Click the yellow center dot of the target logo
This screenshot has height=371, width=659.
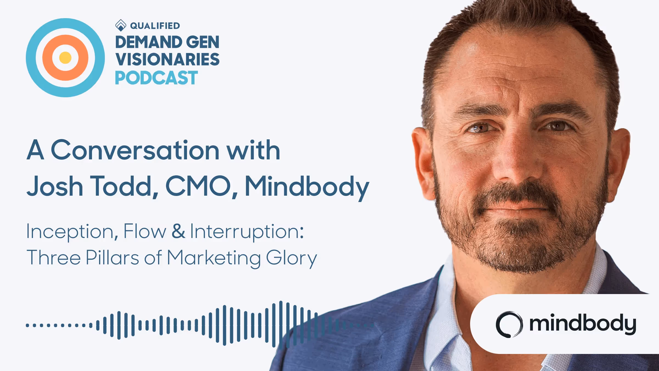[x=65, y=58]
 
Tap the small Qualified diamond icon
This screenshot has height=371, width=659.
[x=121, y=25]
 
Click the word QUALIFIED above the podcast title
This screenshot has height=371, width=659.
[x=155, y=26]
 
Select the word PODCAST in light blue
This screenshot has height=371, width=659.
[x=156, y=78]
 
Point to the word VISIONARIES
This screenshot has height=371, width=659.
[x=167, y=60]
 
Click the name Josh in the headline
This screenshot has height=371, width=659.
[x=55, y=186]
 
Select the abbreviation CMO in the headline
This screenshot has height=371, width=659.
[x=198, y=186]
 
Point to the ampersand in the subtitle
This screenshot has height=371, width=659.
[x=178, y=231]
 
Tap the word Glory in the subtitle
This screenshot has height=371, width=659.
[x=291, y=258]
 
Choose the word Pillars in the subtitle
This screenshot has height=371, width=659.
[x=112, y=258]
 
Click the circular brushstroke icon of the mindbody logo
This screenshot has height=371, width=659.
[x=509, y=324]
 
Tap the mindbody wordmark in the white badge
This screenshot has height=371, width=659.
[x=582, y=324]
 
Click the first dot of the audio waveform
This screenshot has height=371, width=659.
[x=27, y=325]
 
